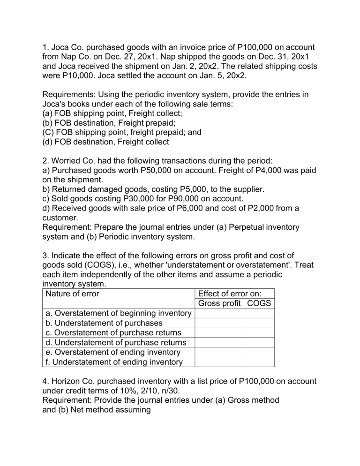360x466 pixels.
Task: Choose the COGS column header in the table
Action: (259, 304)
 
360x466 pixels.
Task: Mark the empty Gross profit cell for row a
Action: (219, 314)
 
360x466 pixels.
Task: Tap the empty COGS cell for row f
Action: (259, 361)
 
